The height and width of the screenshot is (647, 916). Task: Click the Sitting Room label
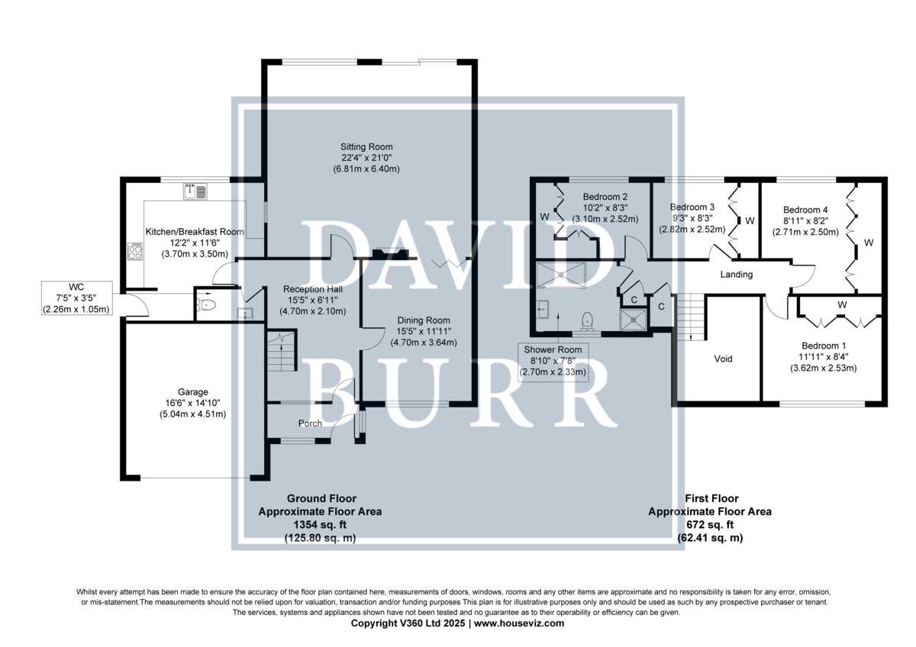pyautogui.click(x=366, y=146)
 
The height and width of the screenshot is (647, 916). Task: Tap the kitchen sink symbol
pyautogui.click(x=195, y=192)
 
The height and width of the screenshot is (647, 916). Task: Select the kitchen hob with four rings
pyautogui.click(x=135, y=251)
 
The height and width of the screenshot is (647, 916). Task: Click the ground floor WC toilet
pyautogui.click(x=207, y=304)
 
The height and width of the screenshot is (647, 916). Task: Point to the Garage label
pyautogui.click(x=192, y=392)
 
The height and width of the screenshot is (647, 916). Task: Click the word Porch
pyautogui.click(x=310, y=423)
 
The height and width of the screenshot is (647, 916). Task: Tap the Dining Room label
pyautogui.click(x=424, y=320)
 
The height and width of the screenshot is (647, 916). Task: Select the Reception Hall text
pyautogui.click(x=313, y=289)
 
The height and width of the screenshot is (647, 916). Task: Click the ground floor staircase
pyautogui.click(x=282, y=350)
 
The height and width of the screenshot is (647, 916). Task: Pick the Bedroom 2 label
pyautogui.click(x=605, y=197)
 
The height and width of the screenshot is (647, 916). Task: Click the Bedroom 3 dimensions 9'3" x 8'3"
pyautogui.click(x=692, y=218)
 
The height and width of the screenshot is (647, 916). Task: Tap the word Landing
pyautogui.click(x=736, y=274)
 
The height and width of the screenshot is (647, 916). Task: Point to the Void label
pyautogui.click(x=723, y=359)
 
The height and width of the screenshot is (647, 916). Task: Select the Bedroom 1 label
pyautogui.click(x=824, y=346)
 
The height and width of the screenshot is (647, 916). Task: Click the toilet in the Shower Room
pyautogui.click(x=587, y=321)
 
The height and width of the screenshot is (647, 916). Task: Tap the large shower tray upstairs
pyautogui.click(x=561, y=275)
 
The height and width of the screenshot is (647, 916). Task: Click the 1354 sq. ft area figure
pyautogui.click(x=320, y=524)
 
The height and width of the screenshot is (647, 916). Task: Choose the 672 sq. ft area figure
pyautogui.click(x=710, y=524)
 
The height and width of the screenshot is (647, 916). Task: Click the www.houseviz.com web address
pyautogui.click(x=519, y=623)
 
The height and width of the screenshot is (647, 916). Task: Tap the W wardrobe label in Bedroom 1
pyautogui.click(x=841, y=304)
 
